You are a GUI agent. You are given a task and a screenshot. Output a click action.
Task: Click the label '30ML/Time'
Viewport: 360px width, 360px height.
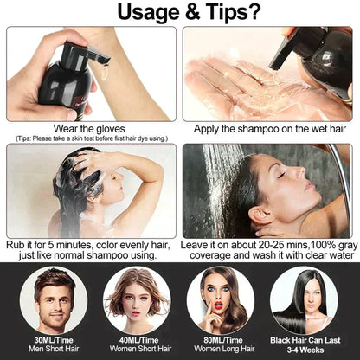pos(49,340)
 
